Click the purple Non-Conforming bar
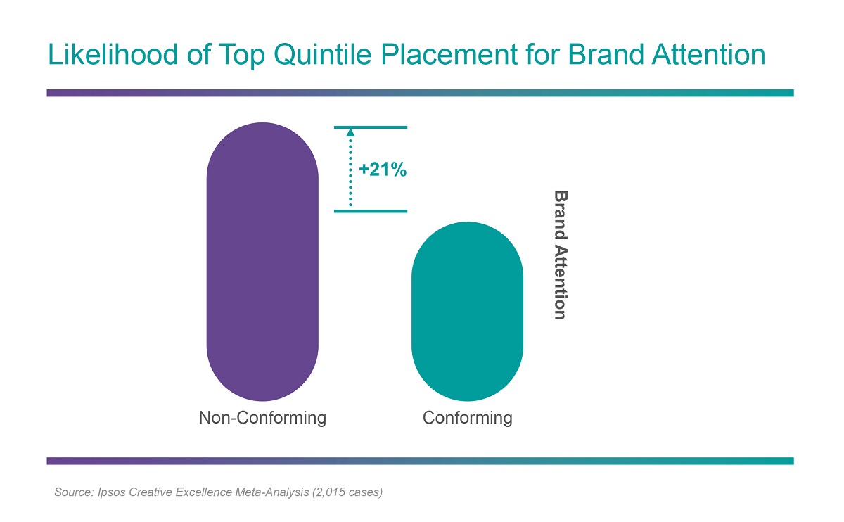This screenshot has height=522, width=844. coord(262,262)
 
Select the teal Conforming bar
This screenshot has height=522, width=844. coord(467,311)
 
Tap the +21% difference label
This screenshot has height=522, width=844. coord(383,170)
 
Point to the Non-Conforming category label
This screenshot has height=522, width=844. coord(262,418)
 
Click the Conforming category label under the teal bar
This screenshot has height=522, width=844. coord(467,418)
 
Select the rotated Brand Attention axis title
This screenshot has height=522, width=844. coord(560,255)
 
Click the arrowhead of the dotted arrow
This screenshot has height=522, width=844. coord(350,132)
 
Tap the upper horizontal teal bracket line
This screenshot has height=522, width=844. coord(371,127)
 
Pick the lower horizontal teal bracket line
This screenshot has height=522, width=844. coord(371,211)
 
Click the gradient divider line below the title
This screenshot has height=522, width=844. coord(420,93)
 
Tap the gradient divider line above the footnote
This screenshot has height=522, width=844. coord(420,461)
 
